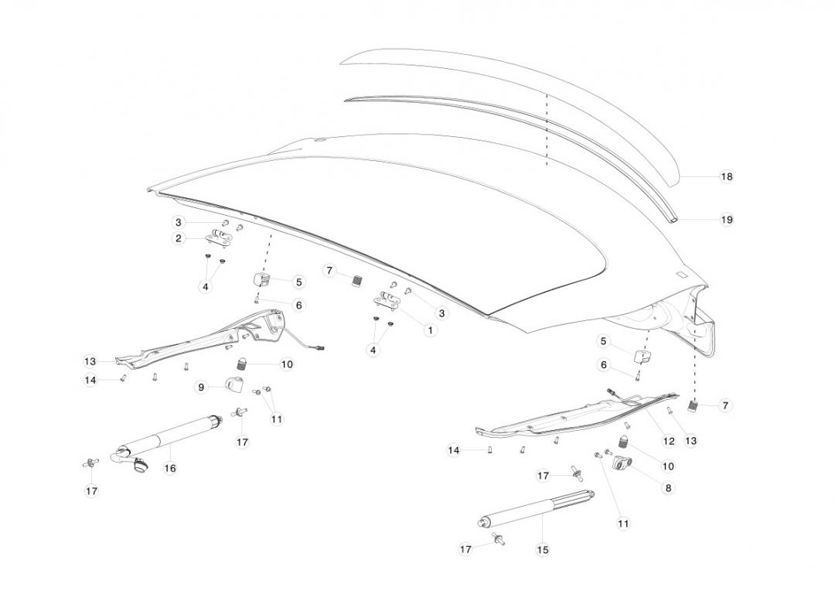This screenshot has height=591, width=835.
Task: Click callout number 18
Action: [726, 176]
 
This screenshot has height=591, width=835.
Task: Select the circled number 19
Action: [726, 220]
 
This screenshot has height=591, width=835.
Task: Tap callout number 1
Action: [430, 330]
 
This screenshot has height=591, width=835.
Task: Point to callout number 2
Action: [179, 238]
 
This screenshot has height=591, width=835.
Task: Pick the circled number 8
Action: [668, 488]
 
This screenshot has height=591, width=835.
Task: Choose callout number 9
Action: [201, 387]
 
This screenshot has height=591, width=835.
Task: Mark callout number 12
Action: [668, 441]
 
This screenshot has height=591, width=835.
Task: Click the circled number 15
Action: [543, 549]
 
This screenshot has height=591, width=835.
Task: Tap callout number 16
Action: [170, 468]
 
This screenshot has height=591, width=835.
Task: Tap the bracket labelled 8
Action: [622, 464]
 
